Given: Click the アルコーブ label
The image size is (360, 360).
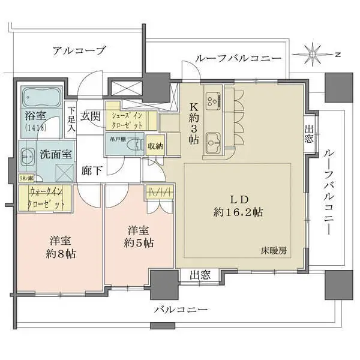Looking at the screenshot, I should click(79, 50).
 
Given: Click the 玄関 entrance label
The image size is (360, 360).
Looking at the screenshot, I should click(91, 115).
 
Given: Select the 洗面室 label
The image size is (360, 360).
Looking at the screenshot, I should click(57, 153).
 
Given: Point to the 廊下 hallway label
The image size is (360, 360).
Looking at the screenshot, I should click(91, 171).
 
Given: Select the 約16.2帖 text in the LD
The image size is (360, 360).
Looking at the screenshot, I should click(240, 212).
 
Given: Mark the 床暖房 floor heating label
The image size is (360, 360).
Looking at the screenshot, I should click(274, 251).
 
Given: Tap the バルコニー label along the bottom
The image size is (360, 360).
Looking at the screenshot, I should click(181, 310).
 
